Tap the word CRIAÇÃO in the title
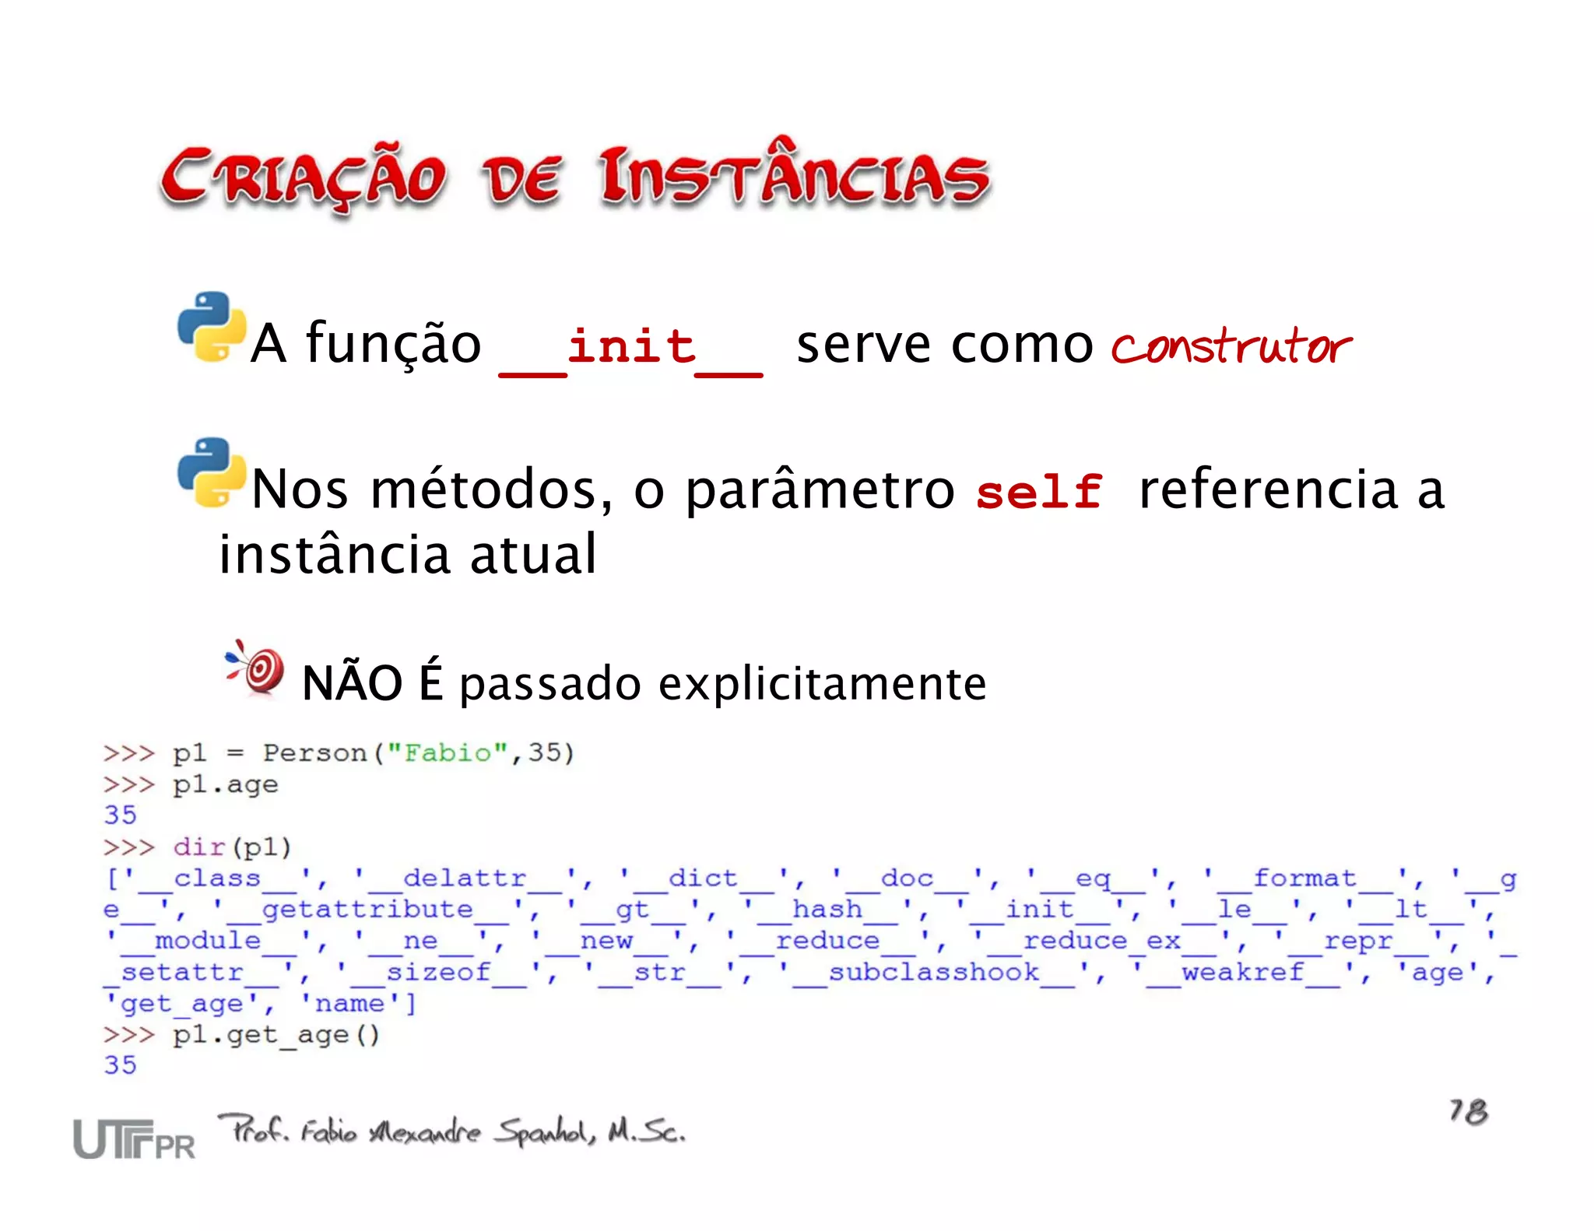click(x=304, y=179)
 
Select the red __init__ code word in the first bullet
click(x=630, y=348)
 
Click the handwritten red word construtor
click(x=1231, y=346)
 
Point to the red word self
click(x=1038, y=493)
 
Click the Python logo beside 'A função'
click(x=210, y=327)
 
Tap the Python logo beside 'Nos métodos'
click(x=210, y=472)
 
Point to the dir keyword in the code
click(x=199, y=847)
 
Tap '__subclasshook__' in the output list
click(x=934, y=973)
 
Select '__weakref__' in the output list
click(x=1242, y=973)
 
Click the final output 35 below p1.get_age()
click(x=120, y=1065)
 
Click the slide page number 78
click(x=1467, y=1111)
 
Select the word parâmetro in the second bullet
click(x=820, y=491)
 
